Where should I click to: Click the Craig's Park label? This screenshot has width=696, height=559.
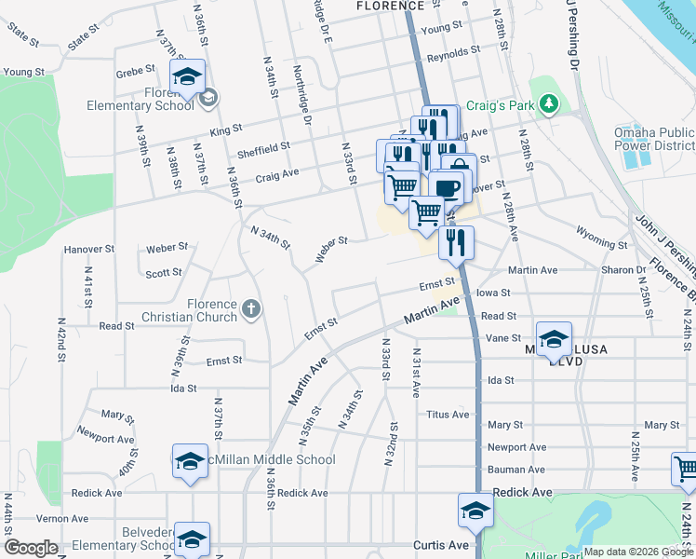point(500,105)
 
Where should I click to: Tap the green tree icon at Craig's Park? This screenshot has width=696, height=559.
point(550,102)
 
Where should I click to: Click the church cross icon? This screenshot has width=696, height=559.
point(250,307)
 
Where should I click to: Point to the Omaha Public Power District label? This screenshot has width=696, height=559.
point(653,139)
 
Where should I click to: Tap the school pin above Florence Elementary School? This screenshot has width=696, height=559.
point(188,77)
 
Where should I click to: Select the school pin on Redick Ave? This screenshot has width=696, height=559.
point(475,511)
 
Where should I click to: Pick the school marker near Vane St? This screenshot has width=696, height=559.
point(555,340)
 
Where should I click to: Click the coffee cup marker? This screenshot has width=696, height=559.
point(446,186)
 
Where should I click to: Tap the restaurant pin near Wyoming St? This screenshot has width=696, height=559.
point(456,242)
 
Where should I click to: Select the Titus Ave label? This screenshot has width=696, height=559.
point(448,415)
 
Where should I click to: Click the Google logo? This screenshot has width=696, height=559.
point(31,548)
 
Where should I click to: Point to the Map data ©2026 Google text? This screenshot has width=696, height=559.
point(637,552)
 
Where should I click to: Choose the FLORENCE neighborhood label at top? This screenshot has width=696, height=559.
point(390,6)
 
